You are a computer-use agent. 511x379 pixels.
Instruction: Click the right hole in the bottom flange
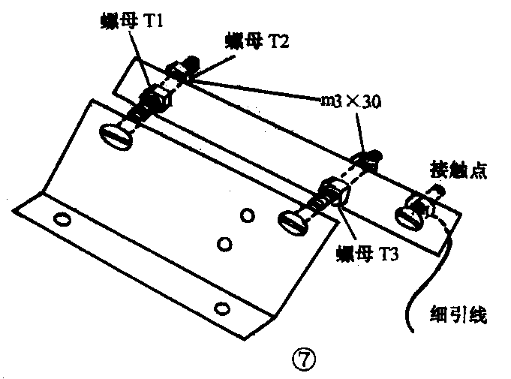(221, 307)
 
